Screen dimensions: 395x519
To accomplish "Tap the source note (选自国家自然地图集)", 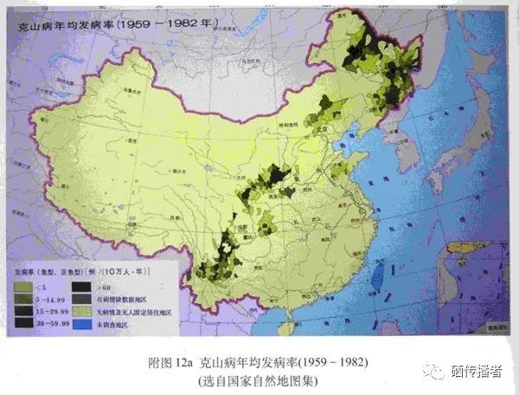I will click(x=259, y=379).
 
